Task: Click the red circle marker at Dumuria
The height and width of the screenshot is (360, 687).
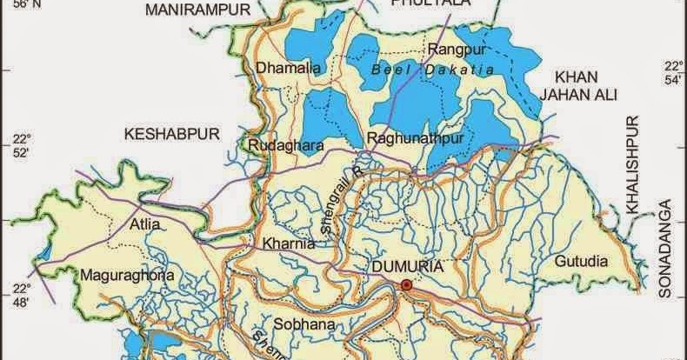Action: (x=406, y=285)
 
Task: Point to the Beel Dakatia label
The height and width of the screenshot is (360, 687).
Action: (x=431, y=69)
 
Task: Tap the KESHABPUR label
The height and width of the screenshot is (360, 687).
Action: (x=170, y=134)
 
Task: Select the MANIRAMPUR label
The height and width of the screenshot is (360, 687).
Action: (x=197, y=10)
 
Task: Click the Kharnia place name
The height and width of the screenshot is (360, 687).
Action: (x=283, y=243)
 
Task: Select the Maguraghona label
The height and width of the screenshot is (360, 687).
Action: (x=128, y=277)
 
